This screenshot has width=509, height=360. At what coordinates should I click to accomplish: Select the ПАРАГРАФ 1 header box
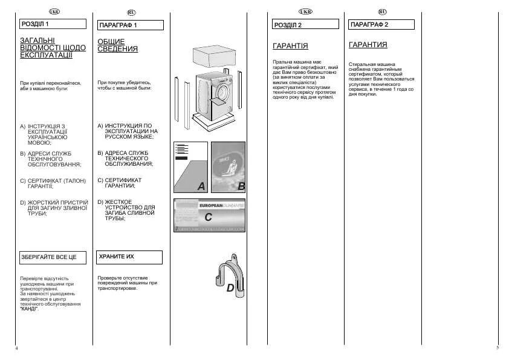pos(130,25)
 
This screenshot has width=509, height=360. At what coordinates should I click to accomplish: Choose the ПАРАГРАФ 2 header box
pos(381,25)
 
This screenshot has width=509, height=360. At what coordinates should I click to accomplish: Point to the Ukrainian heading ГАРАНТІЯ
pos(290,46)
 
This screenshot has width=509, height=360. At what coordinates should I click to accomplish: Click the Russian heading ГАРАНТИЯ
pos(368,45)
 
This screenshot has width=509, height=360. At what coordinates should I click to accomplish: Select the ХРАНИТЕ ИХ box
pos(129,257)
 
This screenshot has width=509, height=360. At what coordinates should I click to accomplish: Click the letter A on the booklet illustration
pos(201,186)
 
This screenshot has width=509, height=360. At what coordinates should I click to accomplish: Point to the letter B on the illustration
pos(241,186)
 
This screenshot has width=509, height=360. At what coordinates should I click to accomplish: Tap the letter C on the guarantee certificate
pos(208,217)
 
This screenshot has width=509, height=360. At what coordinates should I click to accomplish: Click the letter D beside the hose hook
pos(230,289)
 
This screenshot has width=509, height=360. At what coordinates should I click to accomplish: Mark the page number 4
pos(16,349)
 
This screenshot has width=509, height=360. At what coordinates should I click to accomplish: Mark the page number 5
pos(497,349)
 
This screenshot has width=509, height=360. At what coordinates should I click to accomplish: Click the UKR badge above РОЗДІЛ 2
pos(305,11)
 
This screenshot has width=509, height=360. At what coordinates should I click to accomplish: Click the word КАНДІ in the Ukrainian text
pos(28,309)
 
